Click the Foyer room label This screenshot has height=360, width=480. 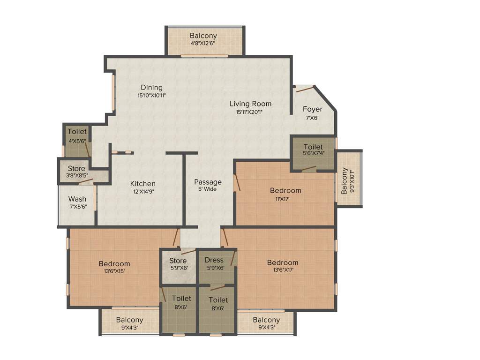pos(312,109)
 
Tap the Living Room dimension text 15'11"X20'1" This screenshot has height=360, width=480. pos(250,112)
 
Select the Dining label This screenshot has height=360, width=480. pos(151,87)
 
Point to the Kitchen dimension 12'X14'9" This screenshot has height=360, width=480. pos(142,191)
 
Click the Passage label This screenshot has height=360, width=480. pos(208,182)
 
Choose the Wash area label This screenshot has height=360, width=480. pos(77,199)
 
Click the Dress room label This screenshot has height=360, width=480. pos(215,260)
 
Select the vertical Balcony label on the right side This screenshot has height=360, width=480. pos(345,180)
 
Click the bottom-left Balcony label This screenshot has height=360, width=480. pos(129,320)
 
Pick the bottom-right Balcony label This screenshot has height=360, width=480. pos(266,320)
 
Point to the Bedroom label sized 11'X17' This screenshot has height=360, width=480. pos(285,190)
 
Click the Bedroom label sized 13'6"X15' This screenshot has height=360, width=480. pos(114,263)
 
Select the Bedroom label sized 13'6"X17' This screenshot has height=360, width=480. pos(283,262)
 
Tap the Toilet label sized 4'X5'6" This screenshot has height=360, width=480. pos(77,132)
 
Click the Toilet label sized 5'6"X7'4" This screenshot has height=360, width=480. pos(313,147)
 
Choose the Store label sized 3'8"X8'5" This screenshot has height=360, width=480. pos(76,168)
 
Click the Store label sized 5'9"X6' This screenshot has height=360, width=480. pos(178,261)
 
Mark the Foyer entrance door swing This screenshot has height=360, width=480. pos(305,88)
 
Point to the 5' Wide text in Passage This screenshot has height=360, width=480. pos(207,189)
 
